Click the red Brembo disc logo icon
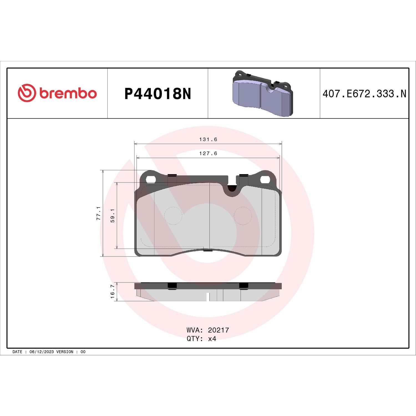click(27, 93)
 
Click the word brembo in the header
click(68, 93)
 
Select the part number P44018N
click(158, 94)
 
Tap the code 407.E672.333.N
click(364, 94)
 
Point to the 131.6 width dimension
click(208, 139)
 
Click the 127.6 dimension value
click(208, 153)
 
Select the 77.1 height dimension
click(98, 213)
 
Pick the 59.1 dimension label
click(113, 215)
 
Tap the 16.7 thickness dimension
click(113, 291)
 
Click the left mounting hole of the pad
click(151, 180)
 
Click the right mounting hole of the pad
click(265, 180)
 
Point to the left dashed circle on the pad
click(173, 216)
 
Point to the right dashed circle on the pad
click(243, 216)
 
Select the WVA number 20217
click(218, 330)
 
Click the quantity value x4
click(212, 339)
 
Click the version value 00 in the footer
click(83, 352)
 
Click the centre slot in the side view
click(208, 297)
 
